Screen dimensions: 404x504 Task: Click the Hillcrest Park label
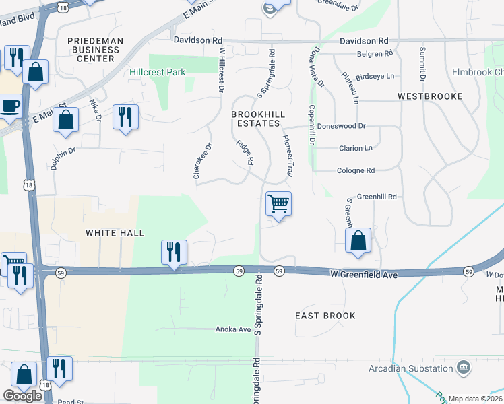158,71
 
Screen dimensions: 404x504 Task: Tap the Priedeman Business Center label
96,50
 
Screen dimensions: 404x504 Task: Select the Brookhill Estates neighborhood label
255,119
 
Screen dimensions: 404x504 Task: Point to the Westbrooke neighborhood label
430,96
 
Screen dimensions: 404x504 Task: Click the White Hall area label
115,233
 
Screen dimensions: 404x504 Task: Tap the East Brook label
325,316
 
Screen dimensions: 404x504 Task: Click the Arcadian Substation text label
411,368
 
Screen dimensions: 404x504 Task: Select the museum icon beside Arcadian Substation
464,368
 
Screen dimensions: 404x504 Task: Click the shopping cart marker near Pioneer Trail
278,203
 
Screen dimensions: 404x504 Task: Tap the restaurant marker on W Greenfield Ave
174,252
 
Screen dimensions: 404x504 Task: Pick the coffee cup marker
10,106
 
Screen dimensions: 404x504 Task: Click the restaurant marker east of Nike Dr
125,117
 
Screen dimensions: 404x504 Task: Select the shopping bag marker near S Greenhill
358,240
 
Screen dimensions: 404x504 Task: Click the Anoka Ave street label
232,330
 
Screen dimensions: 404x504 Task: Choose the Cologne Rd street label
356,171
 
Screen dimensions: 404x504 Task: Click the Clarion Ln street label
354,148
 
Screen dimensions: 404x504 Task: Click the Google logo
22,396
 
